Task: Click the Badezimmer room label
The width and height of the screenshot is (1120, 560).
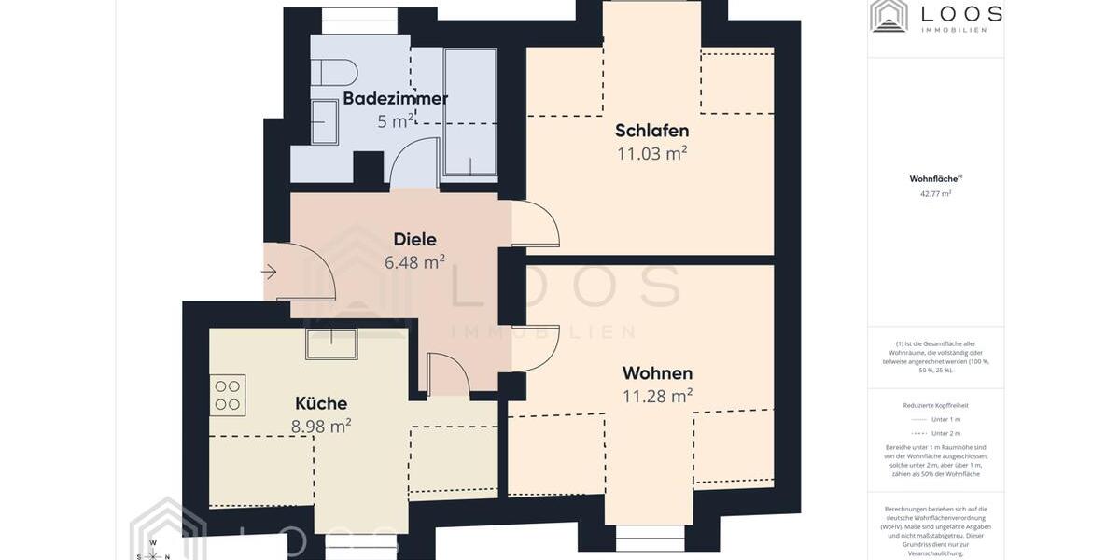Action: (x=395, y=98)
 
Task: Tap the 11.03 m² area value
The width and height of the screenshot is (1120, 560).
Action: (x=651, y=153)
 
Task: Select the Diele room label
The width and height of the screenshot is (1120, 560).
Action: (x=414, y=239)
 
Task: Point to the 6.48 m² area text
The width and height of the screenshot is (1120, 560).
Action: (x=414, y=262)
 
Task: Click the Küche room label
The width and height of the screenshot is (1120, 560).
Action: (x=321, y=403)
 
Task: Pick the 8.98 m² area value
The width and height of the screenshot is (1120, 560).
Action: (x=321, y=427)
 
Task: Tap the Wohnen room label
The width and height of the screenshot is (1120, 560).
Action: (x=657, y=373)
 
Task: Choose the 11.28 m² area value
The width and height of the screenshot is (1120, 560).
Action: (x=657, y=396)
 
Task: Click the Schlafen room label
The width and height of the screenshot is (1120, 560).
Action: (x=651, y=131)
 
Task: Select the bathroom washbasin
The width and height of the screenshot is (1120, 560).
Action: (x=324, y=122)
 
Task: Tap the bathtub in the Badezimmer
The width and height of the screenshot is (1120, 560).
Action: (x=469, y=112)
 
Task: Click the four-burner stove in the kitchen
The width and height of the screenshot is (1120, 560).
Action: (x=227, y=395)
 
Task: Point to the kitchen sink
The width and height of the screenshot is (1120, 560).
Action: (x=331, y=343)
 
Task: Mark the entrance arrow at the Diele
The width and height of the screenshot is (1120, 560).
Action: (x=269, y=273)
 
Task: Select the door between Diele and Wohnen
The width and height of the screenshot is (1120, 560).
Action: (x=534, y=347)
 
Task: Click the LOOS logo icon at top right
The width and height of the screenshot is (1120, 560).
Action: (x=889, y=16)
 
